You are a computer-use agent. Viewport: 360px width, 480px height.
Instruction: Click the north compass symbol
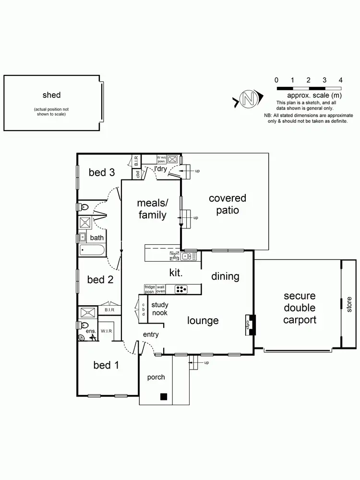click(x=248, y=99)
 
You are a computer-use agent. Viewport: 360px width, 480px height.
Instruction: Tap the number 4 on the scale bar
click(x=340, y=80)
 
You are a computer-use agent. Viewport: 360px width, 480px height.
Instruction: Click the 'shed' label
click(x=51, y=95)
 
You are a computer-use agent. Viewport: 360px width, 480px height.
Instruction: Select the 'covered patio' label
click(x=227, y=204)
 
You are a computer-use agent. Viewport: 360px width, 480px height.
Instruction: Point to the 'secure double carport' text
click(x=300, y=308)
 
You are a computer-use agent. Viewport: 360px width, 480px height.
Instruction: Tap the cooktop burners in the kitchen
click(x=181, y=289)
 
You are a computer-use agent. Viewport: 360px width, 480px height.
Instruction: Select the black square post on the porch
click(x=164, y=396)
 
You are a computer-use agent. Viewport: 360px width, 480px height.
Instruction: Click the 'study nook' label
click(x=160, y=309)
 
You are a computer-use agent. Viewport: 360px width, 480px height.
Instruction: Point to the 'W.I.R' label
click(x=106, y=331)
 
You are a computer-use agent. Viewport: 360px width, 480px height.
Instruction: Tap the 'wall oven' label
click(x=161, y=288)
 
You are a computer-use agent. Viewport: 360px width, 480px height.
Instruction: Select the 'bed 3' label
click(x=101, y=172)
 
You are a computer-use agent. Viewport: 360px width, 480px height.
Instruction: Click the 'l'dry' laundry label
click(x=160, y=168)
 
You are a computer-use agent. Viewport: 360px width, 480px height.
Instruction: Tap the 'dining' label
click(x=225, y=276)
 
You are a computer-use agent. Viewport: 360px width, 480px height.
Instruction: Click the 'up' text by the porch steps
click(x=206, y=362)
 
